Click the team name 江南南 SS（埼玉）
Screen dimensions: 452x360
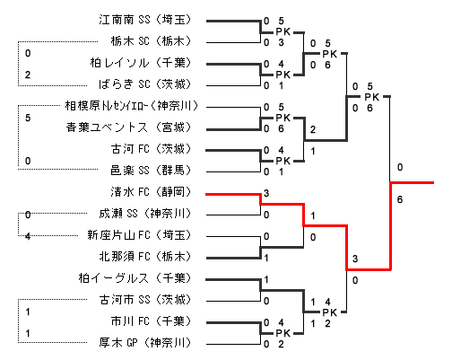pyautogui.click(x=145, y=20)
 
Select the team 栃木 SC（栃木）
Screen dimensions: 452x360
pyautogui.click(x=151, y=41)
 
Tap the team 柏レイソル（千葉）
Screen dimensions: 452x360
pyautogui.click(x=141, y=63)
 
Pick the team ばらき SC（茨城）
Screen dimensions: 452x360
pyautogui.click(x=145, y=84)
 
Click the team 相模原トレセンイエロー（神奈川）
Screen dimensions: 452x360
pyautogui.click(x=132, y=106)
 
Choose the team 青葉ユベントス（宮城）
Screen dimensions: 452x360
pyautogui.click(x=129, y=127)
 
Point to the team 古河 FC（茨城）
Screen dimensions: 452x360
pyautogui.click(x=151, y=149)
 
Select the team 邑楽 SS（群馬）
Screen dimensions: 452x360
pyautogui.click(x=151, y=171)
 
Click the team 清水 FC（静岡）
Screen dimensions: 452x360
pyautogui.click(x=151, y=192)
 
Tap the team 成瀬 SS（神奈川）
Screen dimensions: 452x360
pyautogui.click(x=145, y=214)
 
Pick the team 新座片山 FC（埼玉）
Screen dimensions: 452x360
pyautogui.click(x=139, y=235)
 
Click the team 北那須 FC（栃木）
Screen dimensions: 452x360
pyautogui.click(x=145, y=257)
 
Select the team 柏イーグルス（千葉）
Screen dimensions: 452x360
pyautogui.click(x=135, y=278)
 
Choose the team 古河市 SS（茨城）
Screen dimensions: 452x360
pyautogui.click(x=145, y=300)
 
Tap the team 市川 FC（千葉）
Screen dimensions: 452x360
pyautogui.click(x=151, y=321)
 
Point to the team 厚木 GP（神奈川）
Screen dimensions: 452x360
pyautogui.click(x=145, y=343)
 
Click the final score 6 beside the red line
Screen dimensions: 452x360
pyautogui.click(x=400, y=199)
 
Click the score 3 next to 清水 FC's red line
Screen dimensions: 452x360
pyautogui.click(x=266, y=193)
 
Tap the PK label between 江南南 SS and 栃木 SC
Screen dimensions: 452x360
pyautogui.click(x=283, y=31)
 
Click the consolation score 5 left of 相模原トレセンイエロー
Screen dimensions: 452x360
pyautogui.click(x=28, y=118)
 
